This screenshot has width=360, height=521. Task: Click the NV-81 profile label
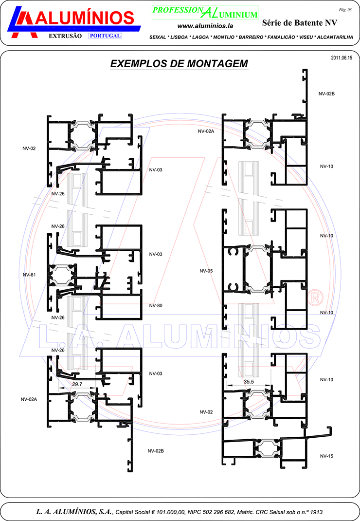point(29,275)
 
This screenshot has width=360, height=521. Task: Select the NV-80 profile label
point(156,305)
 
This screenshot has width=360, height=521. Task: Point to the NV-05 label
point(206,271)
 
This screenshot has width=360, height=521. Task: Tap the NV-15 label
point(326,456)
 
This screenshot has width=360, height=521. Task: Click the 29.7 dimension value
point(77,384)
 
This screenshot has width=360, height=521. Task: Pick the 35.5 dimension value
point(249,382)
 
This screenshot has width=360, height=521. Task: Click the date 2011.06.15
point(342,58)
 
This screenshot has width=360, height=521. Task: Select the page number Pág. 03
point(345,10)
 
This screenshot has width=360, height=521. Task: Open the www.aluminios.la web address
point(205,26)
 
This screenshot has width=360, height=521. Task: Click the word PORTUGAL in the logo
point(105,36)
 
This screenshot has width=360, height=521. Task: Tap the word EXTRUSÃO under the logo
point(65,36)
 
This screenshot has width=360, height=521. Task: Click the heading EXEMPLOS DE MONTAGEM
point(179,63)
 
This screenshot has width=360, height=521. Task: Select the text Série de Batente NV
point(300,22)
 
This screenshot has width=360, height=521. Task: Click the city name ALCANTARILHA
point(335,37)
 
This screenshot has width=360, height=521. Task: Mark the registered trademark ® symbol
point(315,298)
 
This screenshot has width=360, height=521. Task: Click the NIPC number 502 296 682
point(218,512)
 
